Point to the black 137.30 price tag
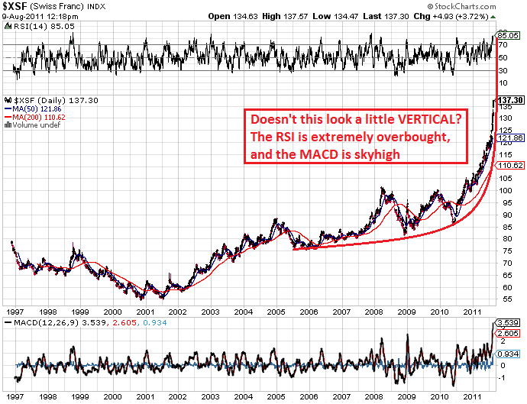[509, 100]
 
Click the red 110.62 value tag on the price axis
[509, 164]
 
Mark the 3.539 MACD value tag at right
[509, 324]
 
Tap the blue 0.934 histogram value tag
[509, 353]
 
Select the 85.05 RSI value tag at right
[508, 35]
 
